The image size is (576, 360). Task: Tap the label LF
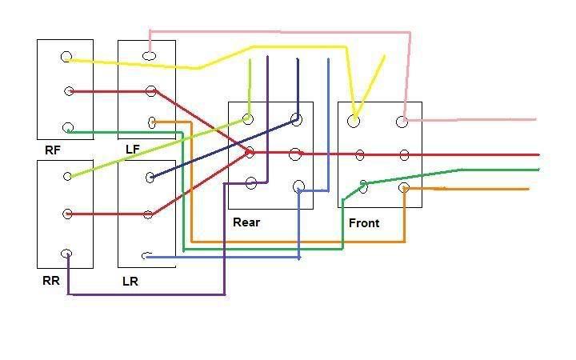tap(133, 149)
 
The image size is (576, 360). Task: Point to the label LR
tap(130, 282)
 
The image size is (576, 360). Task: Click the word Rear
tap(246, 222)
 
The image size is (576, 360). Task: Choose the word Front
tap(364, 222)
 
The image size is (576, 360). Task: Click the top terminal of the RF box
tap(66, 57)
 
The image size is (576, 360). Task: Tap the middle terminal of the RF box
tap(69, 91)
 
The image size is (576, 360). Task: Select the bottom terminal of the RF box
tap(68, 127)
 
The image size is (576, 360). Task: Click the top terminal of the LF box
tap(149, 56)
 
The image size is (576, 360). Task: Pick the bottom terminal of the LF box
tap(152, 122)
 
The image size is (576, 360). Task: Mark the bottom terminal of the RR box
tap(66, 254)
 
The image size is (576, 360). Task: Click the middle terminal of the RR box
tap(68, 214)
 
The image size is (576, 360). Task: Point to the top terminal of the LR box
tap(150, 177)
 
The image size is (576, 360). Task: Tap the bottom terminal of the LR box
tap(146, 256)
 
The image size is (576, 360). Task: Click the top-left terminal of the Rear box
tap(248, 119)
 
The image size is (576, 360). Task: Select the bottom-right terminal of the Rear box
tap(299, 186)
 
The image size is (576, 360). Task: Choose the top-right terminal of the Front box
tap(403, 121)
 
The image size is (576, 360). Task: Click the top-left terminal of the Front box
tap(353, 121)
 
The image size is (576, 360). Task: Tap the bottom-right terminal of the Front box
tap(404, 187)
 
